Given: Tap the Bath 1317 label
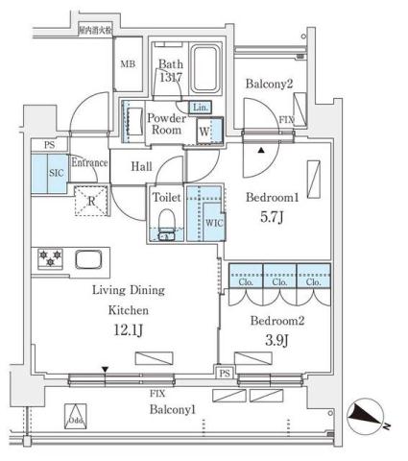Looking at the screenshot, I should pyautogui.click(x=171, y=71).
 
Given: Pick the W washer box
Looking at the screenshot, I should pyautogui.click(x=204, y=130).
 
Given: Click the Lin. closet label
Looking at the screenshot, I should pyautogui.click(x=200, y=108).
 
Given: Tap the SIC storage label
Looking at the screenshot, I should pyautogui.click(x=56, y=174).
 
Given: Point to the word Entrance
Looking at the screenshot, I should pyautogui.click(x=89, y=163).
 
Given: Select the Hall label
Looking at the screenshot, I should pyautogui.click(x=142, y=166).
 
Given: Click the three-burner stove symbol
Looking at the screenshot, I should pyautogui.click(x=50, y=258).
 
